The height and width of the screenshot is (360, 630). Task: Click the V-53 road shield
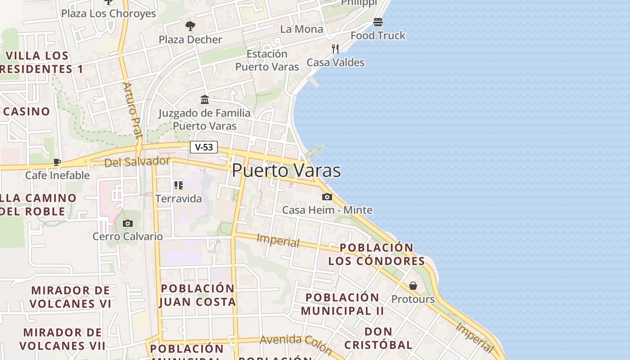tap(204, 147)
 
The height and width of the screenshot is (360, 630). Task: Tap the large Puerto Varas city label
tap(286, 171)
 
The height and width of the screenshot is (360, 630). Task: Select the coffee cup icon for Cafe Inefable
tap(57, 162)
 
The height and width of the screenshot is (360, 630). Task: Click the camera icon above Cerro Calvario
tap(128, 223)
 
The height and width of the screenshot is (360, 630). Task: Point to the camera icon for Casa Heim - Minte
tap(327, 197)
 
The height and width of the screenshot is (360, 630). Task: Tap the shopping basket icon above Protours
tap(413, 286)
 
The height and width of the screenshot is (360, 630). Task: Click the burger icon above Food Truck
tap(378, 22)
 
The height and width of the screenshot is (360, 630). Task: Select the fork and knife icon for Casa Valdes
tap(335, 49)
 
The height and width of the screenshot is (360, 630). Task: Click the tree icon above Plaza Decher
tap(190, 26)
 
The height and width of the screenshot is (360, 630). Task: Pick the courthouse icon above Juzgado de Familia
tap(205, 99)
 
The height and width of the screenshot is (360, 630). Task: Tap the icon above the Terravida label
tap(179, 185)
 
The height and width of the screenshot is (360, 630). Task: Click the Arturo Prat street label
tap(133, 110)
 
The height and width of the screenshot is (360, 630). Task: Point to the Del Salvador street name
tap(137, 162)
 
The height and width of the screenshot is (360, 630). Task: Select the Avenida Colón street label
tap(296, 344)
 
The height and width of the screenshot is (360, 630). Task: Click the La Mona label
tap(301, 29)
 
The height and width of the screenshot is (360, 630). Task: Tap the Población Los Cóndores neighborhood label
tap(376, 254)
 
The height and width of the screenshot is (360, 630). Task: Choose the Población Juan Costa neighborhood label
tap(198, 295)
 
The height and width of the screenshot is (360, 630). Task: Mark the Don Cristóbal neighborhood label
tap(378, 338)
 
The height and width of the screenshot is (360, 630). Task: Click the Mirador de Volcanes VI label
tap(70, 297)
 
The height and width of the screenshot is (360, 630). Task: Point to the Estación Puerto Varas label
tap(267, 60)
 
